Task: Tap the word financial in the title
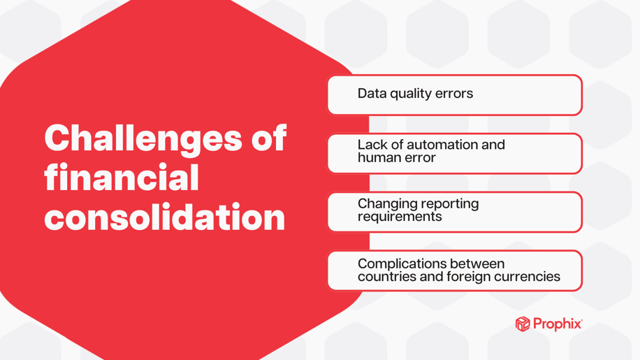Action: coord(122,178)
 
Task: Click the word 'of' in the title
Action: coord(266,138)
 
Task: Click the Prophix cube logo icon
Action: coord(523,324)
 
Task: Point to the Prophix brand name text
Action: coord(558,324)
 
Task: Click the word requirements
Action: coord(400,217)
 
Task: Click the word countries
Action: coord(386,277)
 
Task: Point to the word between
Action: coord(478,264)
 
